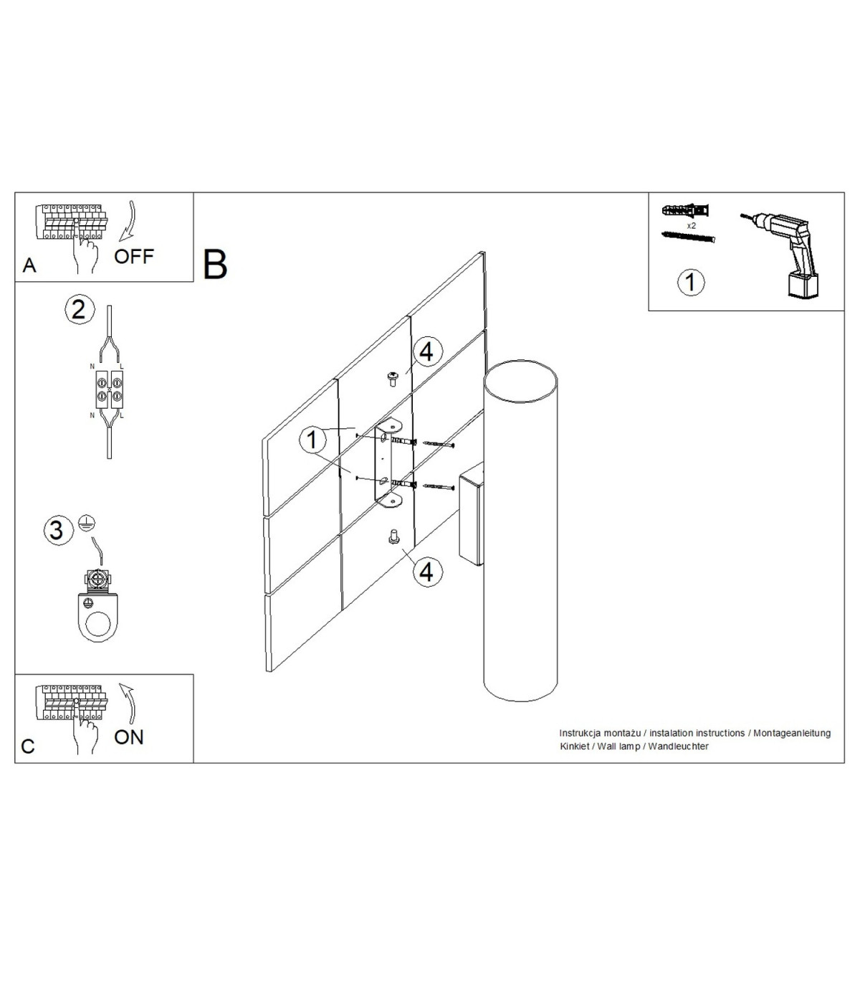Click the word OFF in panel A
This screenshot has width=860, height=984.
click(133, 256)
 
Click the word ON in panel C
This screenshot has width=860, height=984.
click(129, 737)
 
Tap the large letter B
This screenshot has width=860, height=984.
click(215, 264)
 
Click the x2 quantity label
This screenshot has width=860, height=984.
click(692, 225)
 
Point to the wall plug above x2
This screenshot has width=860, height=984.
click(686, 210)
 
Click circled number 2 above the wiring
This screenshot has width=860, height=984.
click(78, 310)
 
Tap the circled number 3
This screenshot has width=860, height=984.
click(57, 531)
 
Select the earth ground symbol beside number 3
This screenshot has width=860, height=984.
click(86, 523)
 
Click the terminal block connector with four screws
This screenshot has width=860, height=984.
click(110, 390)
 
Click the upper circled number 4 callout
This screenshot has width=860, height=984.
click(426, 352)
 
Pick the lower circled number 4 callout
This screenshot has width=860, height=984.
click(426, 572)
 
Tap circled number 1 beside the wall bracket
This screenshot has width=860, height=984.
click(312, 440)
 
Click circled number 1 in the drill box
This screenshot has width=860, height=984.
click(691, 283)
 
